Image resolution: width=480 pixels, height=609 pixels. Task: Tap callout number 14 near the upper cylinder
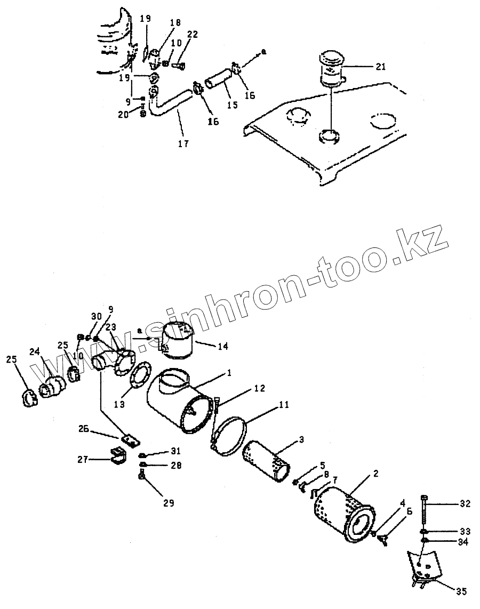222,346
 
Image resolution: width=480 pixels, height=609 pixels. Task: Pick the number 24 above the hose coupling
35,351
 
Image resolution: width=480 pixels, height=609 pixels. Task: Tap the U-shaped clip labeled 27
117,457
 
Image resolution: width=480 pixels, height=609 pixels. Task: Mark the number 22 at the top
193,35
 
